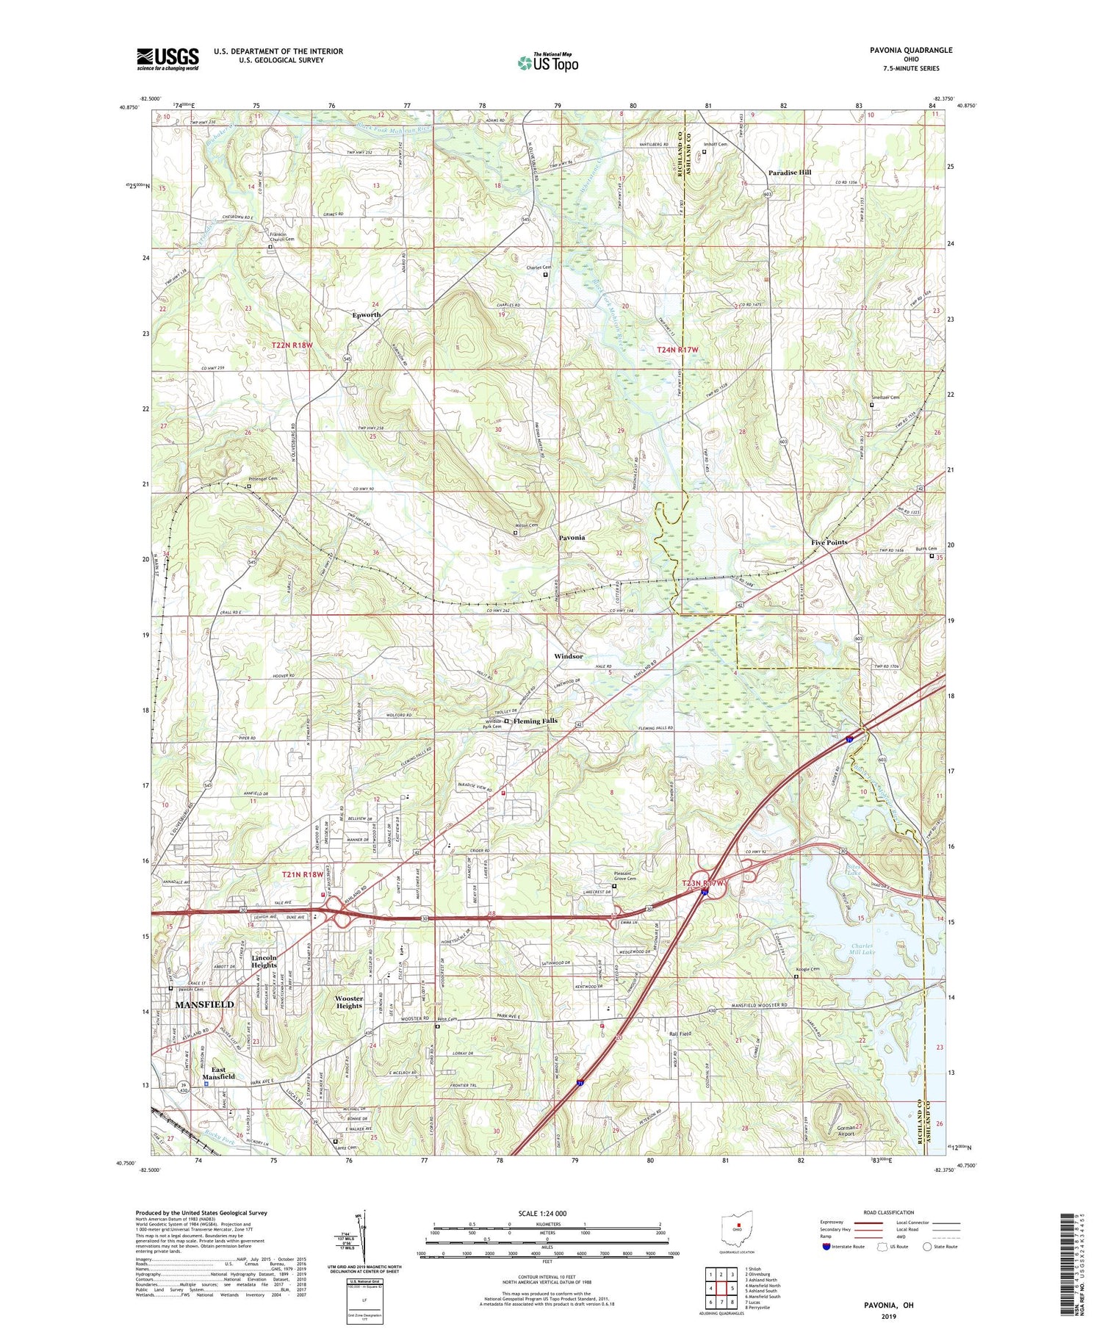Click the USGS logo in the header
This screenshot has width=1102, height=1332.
pos(168,59)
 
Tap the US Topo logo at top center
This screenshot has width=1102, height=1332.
pos(547,62)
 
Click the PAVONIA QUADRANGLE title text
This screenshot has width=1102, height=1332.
pos(911,50)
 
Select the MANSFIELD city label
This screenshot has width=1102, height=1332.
pos(204,1004)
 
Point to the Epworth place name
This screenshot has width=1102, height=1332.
pos(366,314)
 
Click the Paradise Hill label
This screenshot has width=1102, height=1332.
pos(790,172)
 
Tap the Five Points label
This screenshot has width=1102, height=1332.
pos(829,542)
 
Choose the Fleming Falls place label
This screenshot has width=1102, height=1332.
pos(536,721)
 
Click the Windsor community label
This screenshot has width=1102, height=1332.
pos(569,656)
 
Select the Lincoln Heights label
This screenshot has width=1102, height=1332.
pos(264,962)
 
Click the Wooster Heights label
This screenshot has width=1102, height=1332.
pos(349,1002)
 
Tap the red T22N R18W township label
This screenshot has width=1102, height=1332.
pos(297,345)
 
